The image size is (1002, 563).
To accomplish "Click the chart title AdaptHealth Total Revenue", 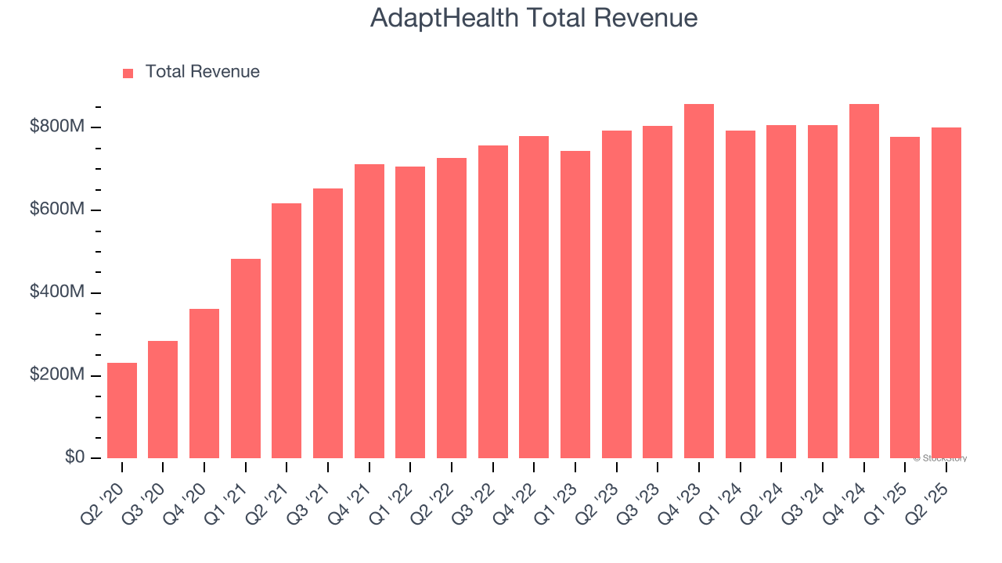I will click(533, 18).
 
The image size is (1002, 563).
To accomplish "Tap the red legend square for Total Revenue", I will click(128, 73).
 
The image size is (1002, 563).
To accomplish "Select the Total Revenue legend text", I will click(202, 72).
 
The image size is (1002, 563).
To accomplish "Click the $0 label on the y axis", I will click(74, 457).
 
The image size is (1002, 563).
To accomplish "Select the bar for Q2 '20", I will click(122, 411).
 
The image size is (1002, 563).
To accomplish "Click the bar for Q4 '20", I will click(204, 383).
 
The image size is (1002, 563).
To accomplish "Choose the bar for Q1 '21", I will click(246, 358).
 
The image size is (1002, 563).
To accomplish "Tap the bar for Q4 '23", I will click(699, 281).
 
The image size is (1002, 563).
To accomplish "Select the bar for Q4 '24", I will click(864, 281).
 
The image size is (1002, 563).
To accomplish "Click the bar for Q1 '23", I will click(575, 305).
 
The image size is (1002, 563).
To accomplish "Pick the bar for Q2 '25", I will click(946, 293).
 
